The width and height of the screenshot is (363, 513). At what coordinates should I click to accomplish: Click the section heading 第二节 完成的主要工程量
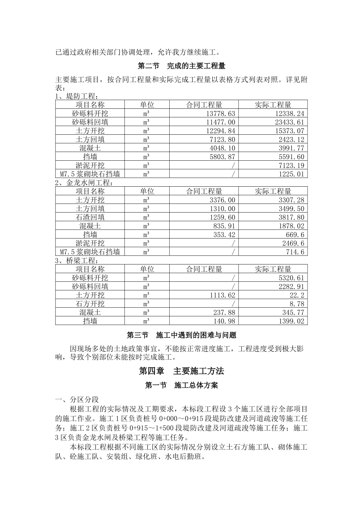181,66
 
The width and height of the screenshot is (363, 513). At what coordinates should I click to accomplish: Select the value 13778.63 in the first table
220,113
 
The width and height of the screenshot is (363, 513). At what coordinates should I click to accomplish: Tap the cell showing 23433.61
289,122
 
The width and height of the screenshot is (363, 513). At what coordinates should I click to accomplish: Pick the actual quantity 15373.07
289,131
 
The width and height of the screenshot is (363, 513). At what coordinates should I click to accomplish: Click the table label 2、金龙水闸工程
84,182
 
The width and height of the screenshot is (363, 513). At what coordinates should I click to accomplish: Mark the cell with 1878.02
289,226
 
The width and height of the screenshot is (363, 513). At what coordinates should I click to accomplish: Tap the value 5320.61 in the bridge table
289,278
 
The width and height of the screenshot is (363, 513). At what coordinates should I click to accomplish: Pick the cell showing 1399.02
289,321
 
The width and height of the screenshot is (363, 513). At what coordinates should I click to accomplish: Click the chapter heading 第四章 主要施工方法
181,371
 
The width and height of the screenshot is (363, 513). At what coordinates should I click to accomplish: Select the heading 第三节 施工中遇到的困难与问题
181,335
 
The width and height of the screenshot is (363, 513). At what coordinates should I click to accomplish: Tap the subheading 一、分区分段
77,399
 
